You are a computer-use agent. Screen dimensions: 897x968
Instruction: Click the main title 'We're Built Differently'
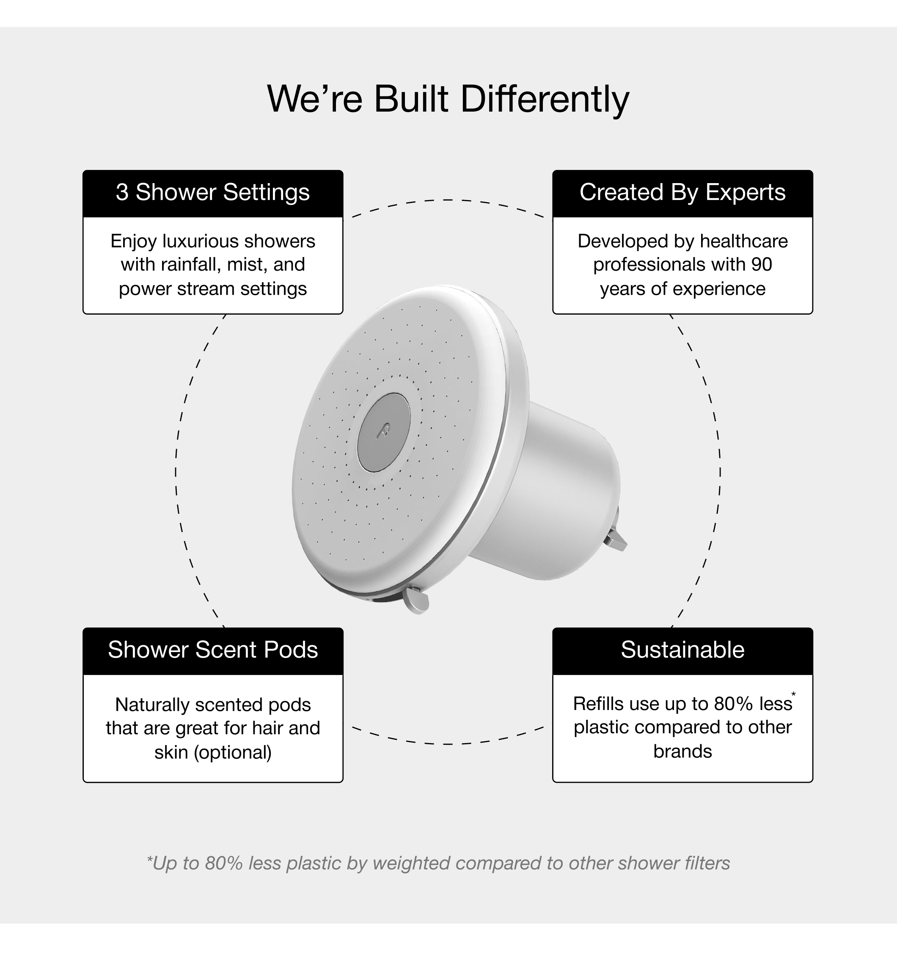tap(448, 99)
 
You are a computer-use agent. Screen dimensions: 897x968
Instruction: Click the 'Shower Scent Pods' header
tap(212, 650)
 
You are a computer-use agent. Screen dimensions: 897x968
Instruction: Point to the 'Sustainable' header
tap(682, 650)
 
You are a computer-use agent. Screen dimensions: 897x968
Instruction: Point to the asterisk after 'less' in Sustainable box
tap(793, 695)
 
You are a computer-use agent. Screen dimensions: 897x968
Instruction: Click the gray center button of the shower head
tap(383, 433)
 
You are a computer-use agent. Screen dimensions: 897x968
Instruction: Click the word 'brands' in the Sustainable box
tap(682, 751)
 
